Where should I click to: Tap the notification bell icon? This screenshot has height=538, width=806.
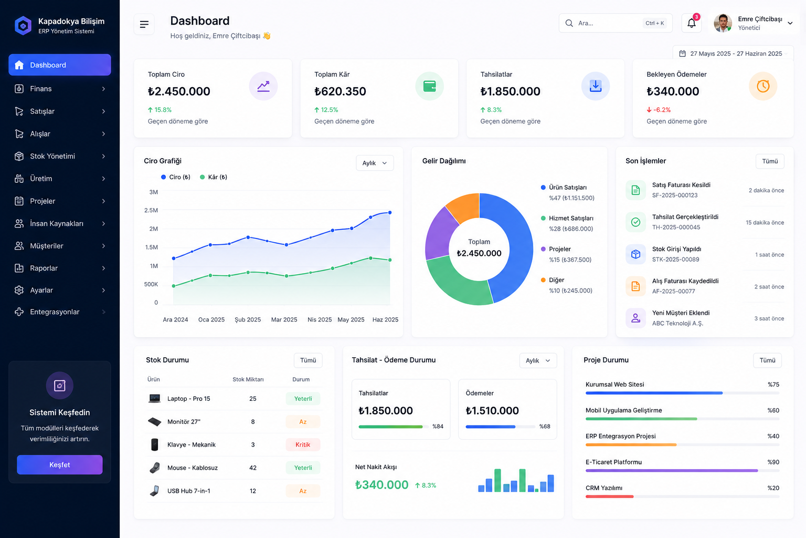coord(691,24)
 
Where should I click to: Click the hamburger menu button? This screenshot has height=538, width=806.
coord(144,24)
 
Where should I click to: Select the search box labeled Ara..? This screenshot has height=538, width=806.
coord(616,23)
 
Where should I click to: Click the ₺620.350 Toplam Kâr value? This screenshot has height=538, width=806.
coord(340,91)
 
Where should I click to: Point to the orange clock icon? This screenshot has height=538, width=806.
coord(763,86)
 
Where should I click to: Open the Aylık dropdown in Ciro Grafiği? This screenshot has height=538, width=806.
coord(375,163)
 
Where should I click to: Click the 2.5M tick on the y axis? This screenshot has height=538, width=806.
coord(151,210)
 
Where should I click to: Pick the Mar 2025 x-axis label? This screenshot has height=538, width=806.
coord(284,319)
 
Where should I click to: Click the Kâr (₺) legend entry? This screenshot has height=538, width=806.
coord(214,177)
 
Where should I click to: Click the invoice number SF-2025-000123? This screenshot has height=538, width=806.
coord(675,195)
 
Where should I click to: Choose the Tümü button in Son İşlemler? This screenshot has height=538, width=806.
coord(770,161)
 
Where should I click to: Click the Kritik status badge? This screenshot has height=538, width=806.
coord(303,444)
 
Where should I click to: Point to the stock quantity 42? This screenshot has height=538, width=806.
coord(253,468)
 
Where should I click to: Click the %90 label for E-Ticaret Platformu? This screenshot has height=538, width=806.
coord(773,462)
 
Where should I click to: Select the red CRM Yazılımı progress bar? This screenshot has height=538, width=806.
coord(609,496)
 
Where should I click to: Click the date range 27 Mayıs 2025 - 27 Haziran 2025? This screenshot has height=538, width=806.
coord(736,54)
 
